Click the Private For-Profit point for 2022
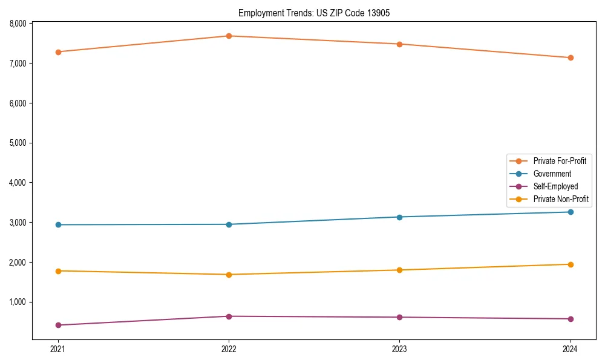pyautogui.click(x=229, y=36)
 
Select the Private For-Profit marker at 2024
pyautogui.click(x=571, y=57)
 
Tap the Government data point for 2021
pyautogui.click(x=58, y=224)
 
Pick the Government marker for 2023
pyautogui.click(x=399, y=217)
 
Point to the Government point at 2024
pyautogui.click(x=571, y=212)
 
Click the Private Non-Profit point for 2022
pyautogui.click(x=229, y=275)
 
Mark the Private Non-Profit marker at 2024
pyautogui.click(x=571, y=264)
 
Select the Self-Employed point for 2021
pyautogui.click(x=58, y=325)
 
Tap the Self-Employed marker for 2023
pyautogui.click(x=399, y=317)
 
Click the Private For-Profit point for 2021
pyautogui.click(x=58, y=52)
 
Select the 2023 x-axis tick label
pyautogui.click(x=399, y=349)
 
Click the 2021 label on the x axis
pyautogui.click(x=58, y=349)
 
